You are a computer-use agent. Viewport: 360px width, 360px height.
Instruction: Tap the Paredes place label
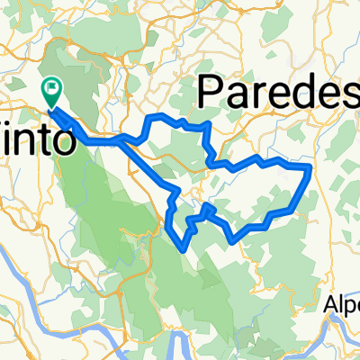pos(274,93)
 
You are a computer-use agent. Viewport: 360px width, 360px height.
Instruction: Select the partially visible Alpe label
pos(343,305)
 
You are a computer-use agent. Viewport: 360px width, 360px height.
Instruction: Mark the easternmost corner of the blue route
pos(310,166)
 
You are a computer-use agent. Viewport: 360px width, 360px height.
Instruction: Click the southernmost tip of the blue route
pos(186,247)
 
